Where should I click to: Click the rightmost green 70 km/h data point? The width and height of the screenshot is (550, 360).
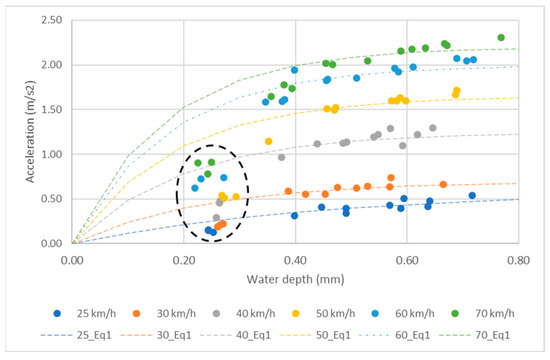click(x=501, y=38)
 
